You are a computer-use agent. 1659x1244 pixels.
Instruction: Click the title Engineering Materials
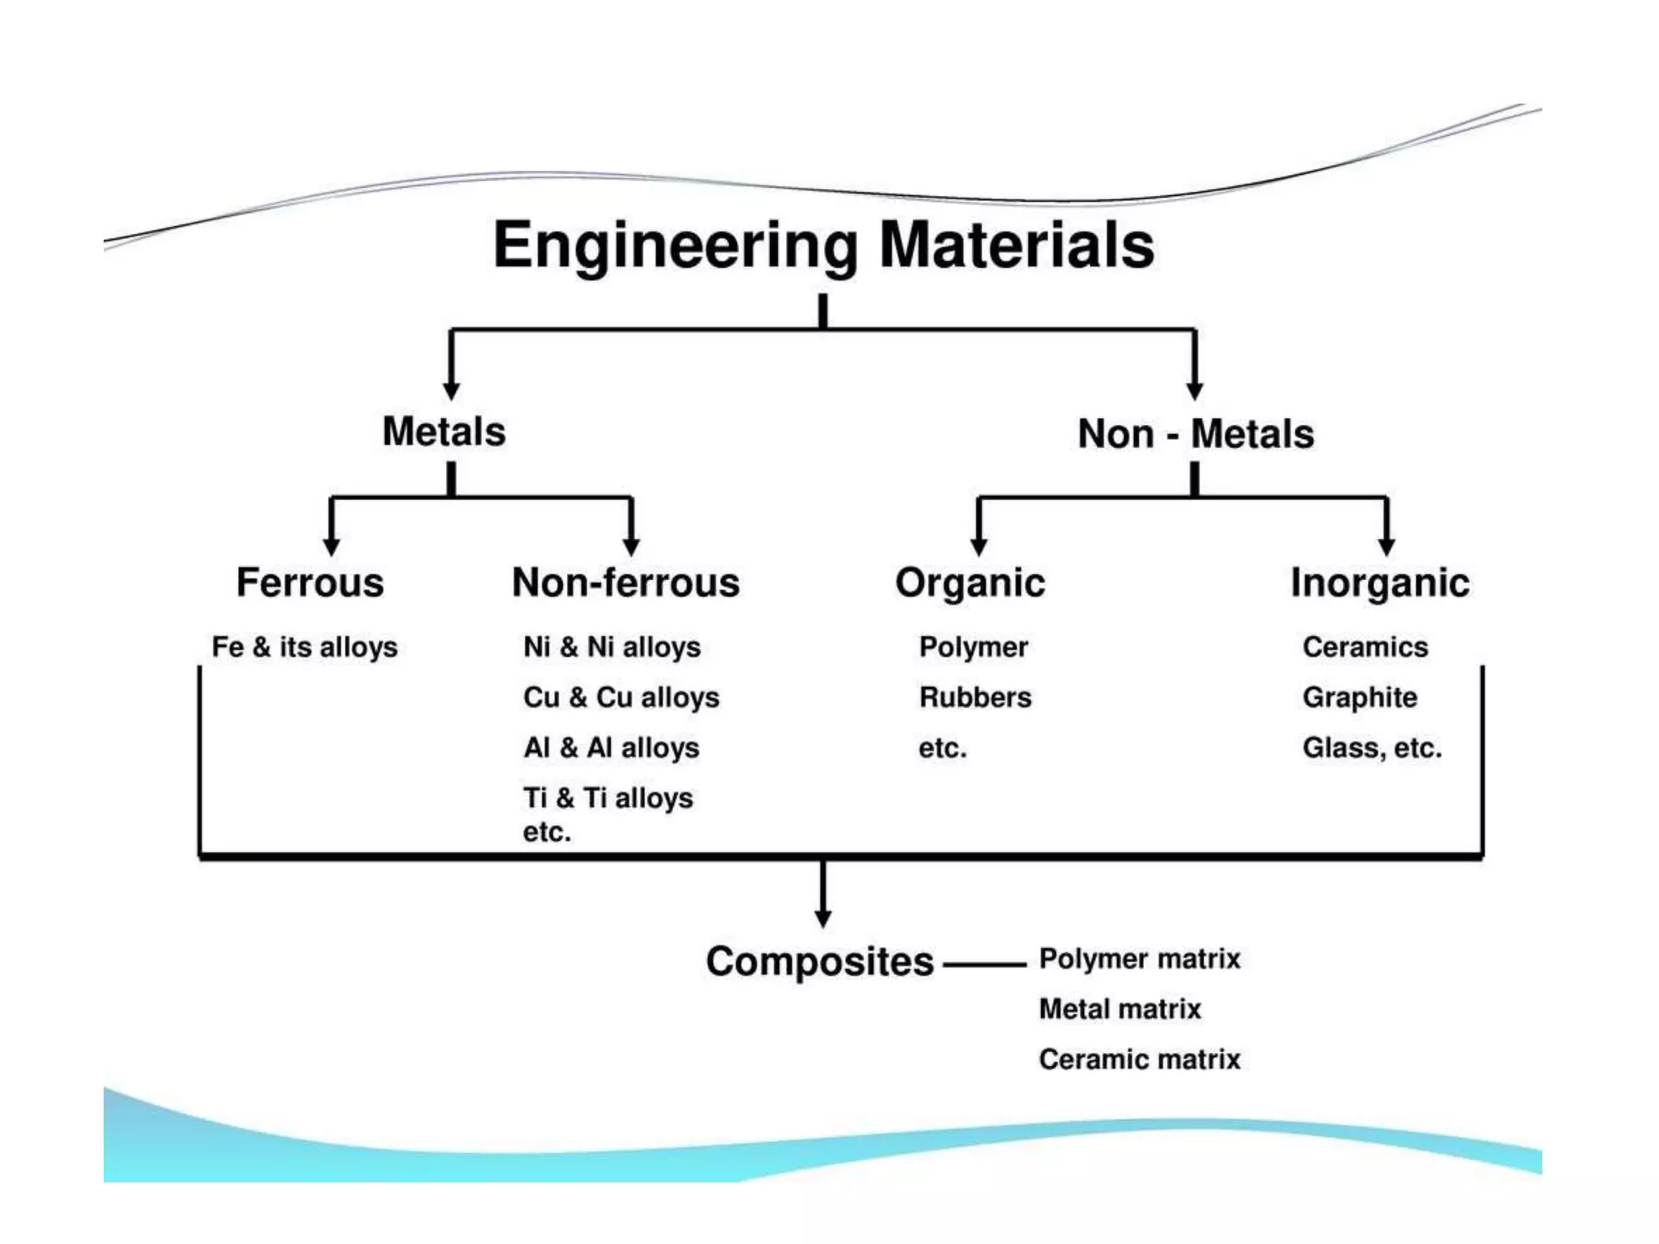click(824, 245)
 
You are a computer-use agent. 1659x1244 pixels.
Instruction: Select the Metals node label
click(444, 432)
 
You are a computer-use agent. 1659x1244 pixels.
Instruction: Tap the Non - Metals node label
click(1196, 434)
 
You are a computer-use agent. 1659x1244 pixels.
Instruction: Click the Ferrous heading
click(310, 582)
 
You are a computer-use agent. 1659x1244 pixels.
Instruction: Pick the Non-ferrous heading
click(626, 582)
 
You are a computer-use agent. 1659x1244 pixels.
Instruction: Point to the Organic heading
click(970, 583)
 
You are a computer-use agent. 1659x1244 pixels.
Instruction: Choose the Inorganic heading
click(1380, 583)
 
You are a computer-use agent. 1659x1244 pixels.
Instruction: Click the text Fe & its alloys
click(305, 647)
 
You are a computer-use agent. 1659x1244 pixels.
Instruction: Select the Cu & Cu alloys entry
click(621, 697)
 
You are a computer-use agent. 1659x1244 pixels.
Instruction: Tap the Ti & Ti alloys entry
click(608, 798)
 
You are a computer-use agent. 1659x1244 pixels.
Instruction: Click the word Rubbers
click(975, 697)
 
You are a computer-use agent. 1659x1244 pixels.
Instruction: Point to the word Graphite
click(1360, 697)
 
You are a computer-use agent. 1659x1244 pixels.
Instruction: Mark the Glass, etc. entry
click(1372, 748)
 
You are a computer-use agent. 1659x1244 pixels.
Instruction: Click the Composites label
click(820, 961)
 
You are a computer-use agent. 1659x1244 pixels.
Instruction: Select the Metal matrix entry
click(1120, 1009)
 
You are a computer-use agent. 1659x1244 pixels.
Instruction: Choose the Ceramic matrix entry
click(1140, 1059)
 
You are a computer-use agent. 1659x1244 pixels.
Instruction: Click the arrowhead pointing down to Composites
click(823, 918)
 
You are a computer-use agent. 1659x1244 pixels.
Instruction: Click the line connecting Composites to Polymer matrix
click(985, 964)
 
